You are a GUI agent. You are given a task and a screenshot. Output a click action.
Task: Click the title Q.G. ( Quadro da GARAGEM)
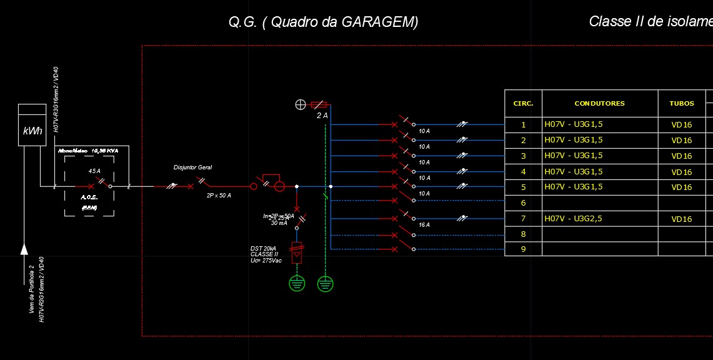click(323, 22)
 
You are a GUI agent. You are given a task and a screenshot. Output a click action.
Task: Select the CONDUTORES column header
click(599, 103)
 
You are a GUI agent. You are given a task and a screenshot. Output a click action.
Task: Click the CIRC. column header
click(523, 103)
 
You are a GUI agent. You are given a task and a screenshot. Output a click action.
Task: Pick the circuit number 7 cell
click(523, 219)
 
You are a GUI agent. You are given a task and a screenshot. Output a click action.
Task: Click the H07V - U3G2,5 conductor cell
click(574, 219)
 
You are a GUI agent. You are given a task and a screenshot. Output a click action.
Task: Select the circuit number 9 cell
click(523, 249)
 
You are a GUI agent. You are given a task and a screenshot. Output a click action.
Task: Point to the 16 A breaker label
click(424, 224)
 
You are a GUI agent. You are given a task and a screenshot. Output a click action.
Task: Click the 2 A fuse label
click(322, 116)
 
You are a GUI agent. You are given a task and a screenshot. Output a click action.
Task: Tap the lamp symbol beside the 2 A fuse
click(301, 104)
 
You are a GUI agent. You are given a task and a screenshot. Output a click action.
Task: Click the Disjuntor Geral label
click(192, 167)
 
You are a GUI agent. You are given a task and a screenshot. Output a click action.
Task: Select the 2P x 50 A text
click(219, 196)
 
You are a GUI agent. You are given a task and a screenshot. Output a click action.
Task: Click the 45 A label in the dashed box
click(94, 171)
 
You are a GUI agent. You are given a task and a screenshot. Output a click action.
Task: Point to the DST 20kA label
click(263, 249)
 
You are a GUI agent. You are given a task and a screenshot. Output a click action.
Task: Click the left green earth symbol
click(297, 284)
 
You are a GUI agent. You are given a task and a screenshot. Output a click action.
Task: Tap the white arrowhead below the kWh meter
click(24, 249)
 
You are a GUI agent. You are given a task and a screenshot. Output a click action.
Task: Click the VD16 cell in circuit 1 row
click(681, 125)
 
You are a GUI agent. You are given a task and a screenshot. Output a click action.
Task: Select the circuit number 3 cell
click(523, 156)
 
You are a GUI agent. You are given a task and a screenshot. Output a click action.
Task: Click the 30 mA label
click(279, 223)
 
